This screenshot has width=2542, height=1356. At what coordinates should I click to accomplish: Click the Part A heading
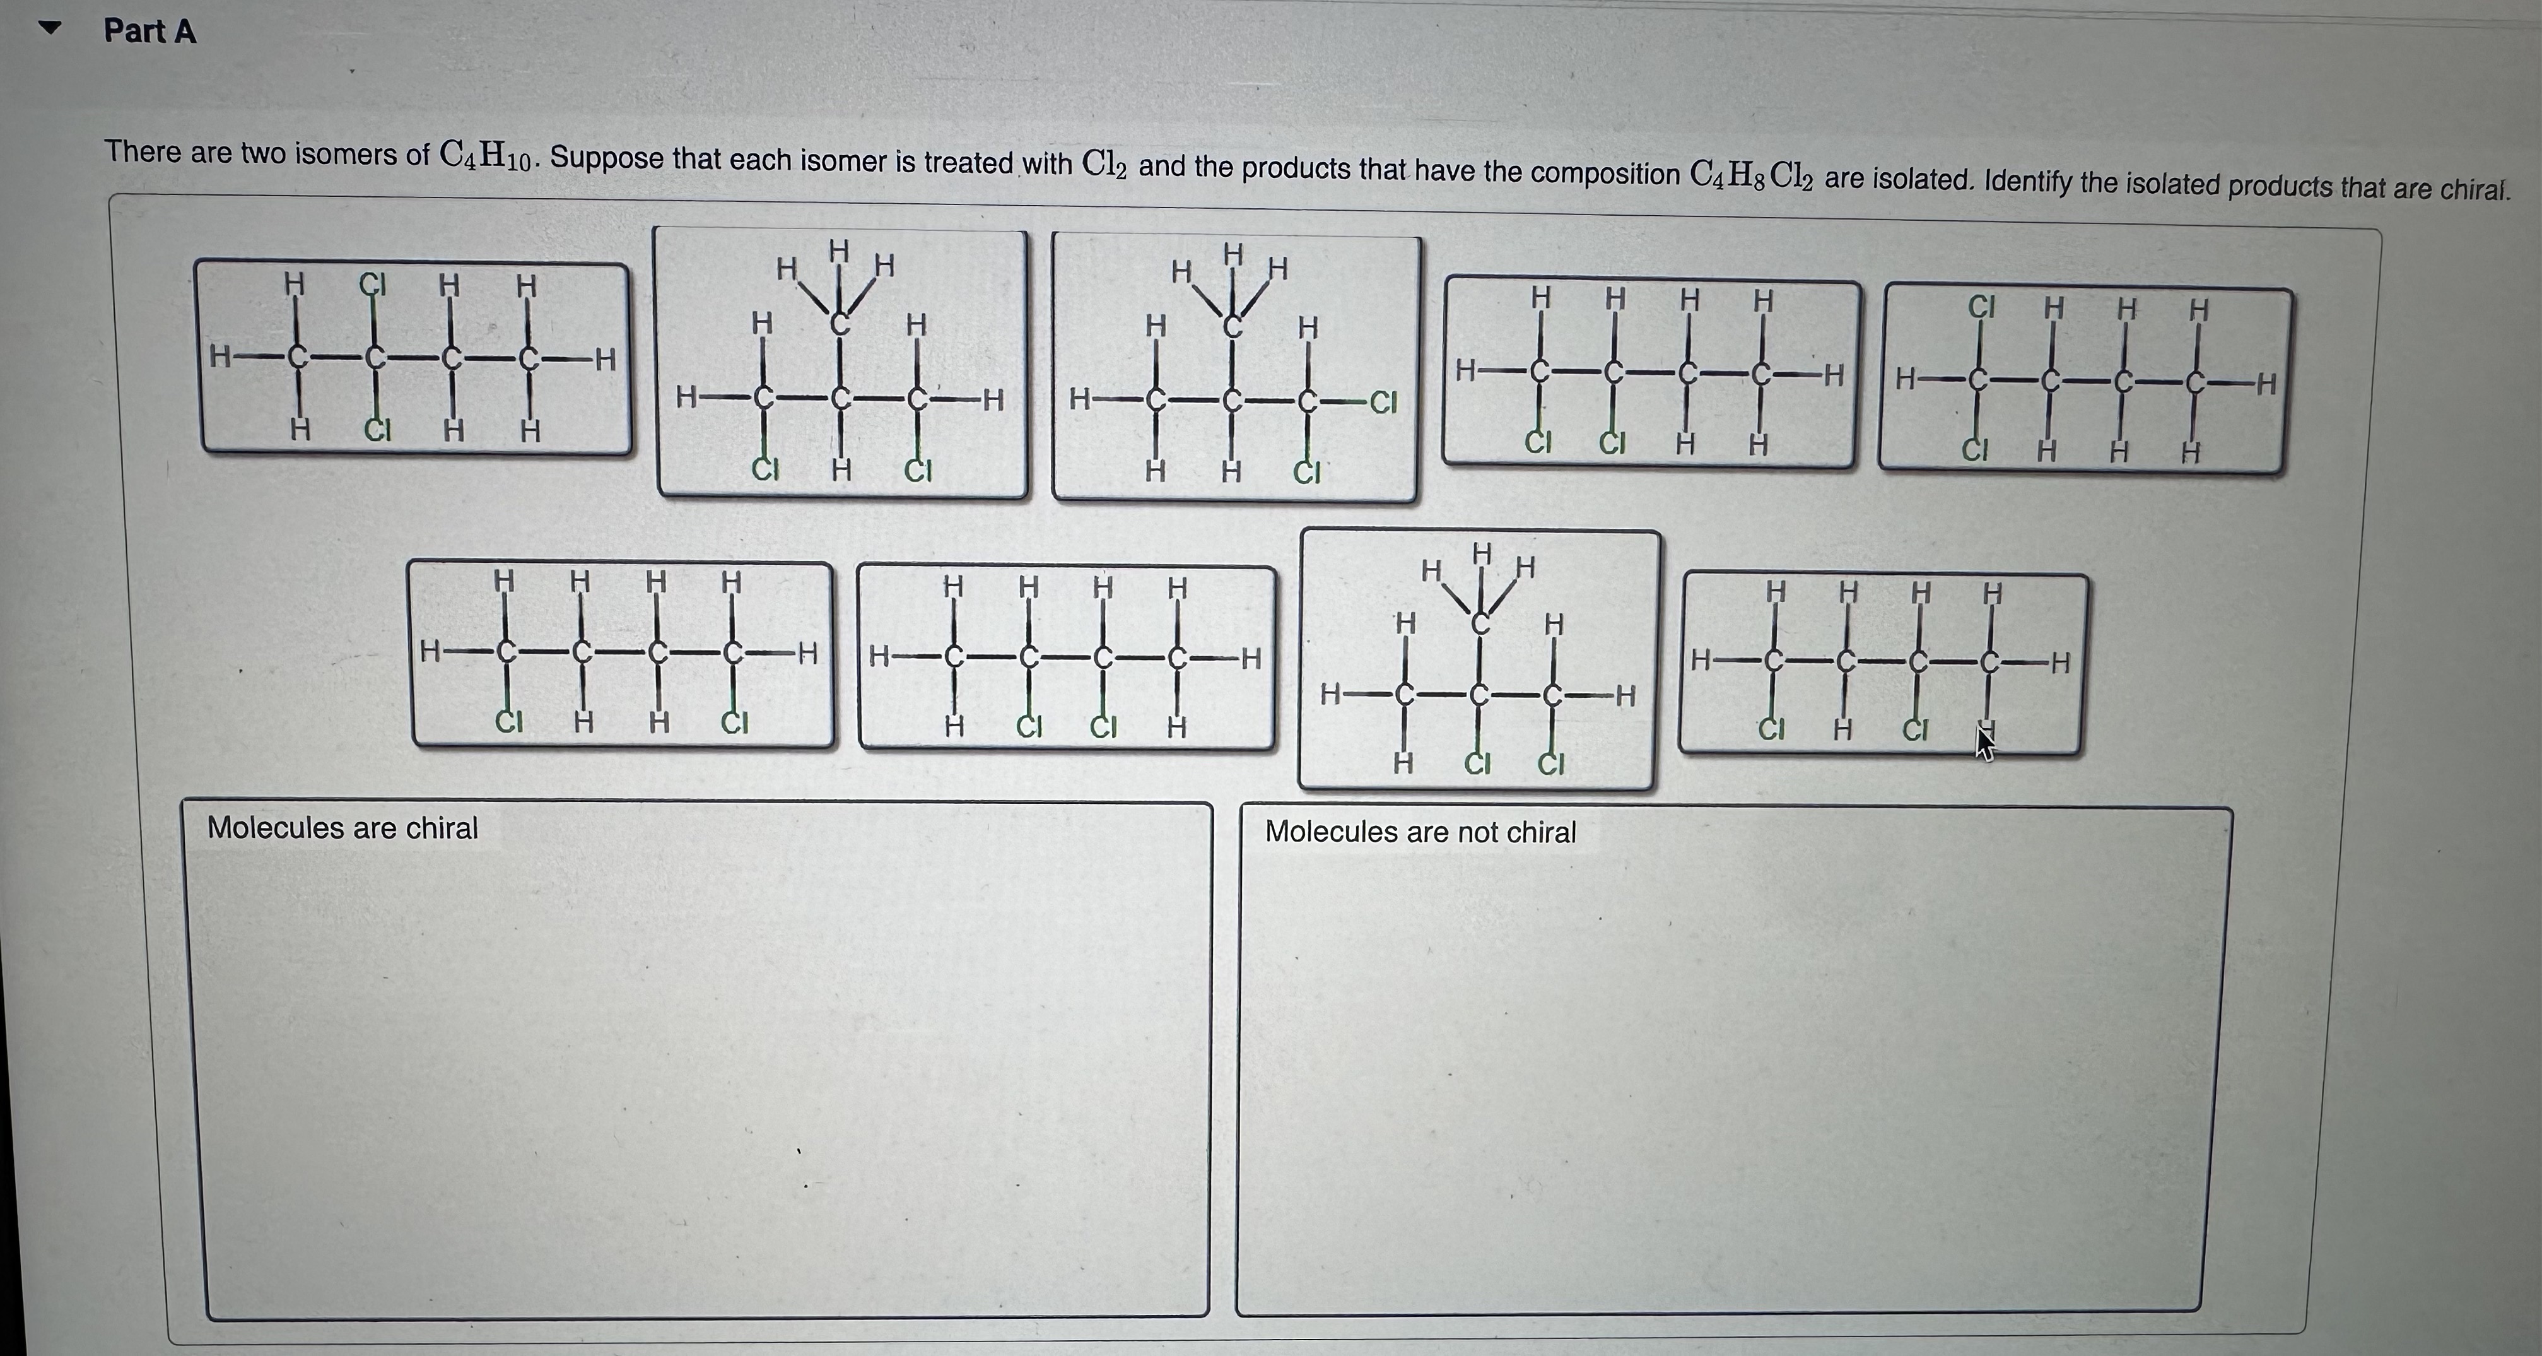(x=150, y=32)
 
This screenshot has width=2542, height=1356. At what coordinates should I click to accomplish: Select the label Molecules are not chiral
(x=1420, y=832)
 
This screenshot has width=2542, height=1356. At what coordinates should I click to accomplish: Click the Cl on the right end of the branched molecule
(x=1383, y=403)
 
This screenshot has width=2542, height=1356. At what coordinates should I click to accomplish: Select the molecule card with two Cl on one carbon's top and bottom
(x=414, y=359)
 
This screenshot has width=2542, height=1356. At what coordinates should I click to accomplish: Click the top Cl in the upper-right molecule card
(x=1981, y=307)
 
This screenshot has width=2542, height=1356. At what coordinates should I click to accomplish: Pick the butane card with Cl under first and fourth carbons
(x=622, y=654)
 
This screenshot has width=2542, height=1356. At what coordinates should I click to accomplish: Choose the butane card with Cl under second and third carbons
(x=1066, y=658)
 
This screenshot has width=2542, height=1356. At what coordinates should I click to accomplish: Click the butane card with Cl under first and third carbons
(x=1883, y=664)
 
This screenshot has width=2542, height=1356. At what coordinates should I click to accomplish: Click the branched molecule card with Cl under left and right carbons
(x=841, y=363)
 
